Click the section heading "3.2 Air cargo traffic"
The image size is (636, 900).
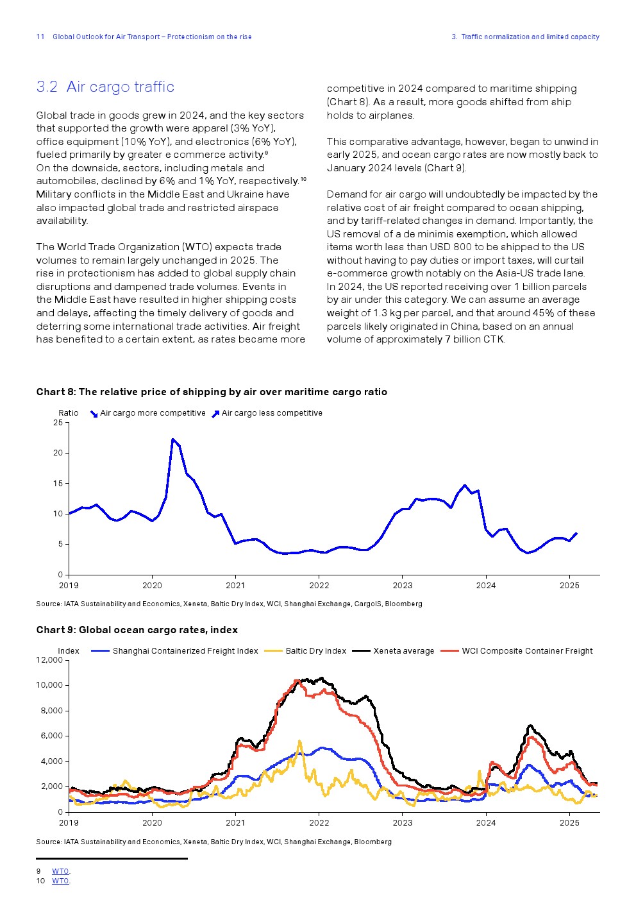click(x=105, y=87)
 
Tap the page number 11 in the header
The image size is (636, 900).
click(x=40, y=37)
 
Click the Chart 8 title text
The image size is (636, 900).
click(x=212, y=392)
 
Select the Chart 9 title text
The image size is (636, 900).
click(x=137, y=630)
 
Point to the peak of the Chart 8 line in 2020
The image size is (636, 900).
click(x=172, y=439)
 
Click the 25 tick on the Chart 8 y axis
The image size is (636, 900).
click(x=58, y=423)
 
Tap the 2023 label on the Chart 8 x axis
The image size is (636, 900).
click(x=402, y=585)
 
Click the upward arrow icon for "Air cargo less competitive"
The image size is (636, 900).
click(x=215, y=414)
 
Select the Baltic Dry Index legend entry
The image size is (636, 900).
click(x=315, y=651)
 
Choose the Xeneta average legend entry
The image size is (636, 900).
click(x=403, y=651)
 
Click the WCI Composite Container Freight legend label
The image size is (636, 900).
click(x=527, y=651)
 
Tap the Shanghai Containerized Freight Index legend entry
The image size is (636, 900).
click(x=185, y=651)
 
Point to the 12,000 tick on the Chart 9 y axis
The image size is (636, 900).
click(x=49, y=660)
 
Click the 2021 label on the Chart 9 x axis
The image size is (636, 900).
click(x=235, y=823)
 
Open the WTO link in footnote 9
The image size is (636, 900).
click(x=60, y=871)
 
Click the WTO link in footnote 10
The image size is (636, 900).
click(x=60, y=881)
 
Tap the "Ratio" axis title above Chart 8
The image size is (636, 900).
click(x=69, y=413)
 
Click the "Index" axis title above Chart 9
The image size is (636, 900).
click(x=69, y=651)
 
